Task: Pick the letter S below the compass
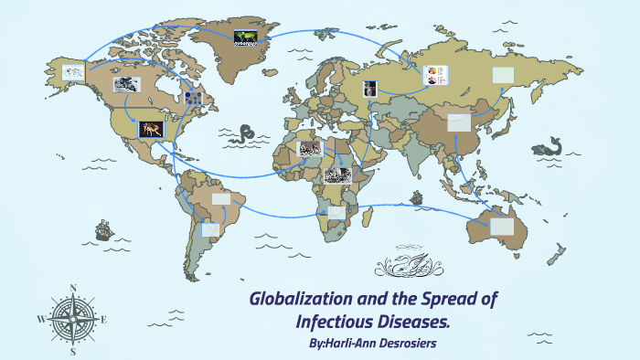coord(72,351)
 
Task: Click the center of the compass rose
coord(72,319)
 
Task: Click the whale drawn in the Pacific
coord(549,146)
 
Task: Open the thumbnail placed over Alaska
coord(73,71)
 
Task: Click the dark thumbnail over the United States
coord(151,130)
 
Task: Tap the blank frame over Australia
coord(502,226)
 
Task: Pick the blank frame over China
coord(458,122)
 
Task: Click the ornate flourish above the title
coord(409,267)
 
